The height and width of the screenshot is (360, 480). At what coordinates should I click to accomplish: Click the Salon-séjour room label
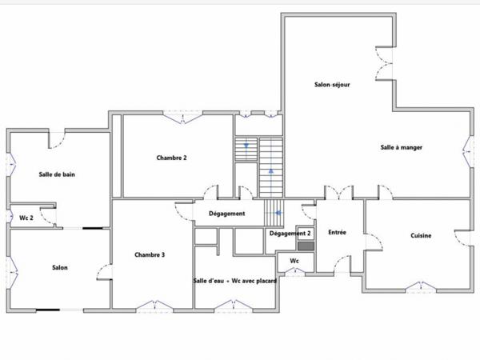[x=332, y=85]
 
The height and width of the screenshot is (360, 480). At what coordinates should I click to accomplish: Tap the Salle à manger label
[x=402, y=147]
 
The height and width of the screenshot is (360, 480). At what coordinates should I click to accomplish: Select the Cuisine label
[x=421, y=235]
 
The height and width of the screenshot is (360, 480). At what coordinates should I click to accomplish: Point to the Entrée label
[x=337, y=232]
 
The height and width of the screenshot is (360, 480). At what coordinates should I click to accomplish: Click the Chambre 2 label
[x=171, y=158]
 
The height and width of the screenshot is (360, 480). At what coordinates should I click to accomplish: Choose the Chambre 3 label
[x=150, y=254]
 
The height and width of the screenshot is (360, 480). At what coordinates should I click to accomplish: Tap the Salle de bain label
[x=57, y=174]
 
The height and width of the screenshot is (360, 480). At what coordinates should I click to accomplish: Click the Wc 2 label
[x=26, y=218]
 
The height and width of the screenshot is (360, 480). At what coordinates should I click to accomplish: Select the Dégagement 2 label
[x=290, y=234]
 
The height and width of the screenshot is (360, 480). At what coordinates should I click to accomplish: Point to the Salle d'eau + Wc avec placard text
[x=235, y=281]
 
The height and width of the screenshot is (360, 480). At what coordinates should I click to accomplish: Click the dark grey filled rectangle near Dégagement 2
[x=306, y=246]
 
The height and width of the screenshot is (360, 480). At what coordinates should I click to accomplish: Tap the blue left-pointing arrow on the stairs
[x=278, y=213]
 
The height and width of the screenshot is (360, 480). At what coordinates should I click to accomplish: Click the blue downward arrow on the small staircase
[x=246, y=146]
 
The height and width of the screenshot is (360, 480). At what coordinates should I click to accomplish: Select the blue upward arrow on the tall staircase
[x=271, y=170]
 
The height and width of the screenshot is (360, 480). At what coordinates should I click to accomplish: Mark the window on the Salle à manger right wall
[x=467, y=151]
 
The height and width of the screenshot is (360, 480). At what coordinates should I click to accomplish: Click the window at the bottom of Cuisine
[x=421, y=286]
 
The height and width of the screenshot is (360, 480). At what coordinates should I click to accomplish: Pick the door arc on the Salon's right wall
[x=103, y=272]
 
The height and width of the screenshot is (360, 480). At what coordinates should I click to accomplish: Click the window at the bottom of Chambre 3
[x=154, y=306]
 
